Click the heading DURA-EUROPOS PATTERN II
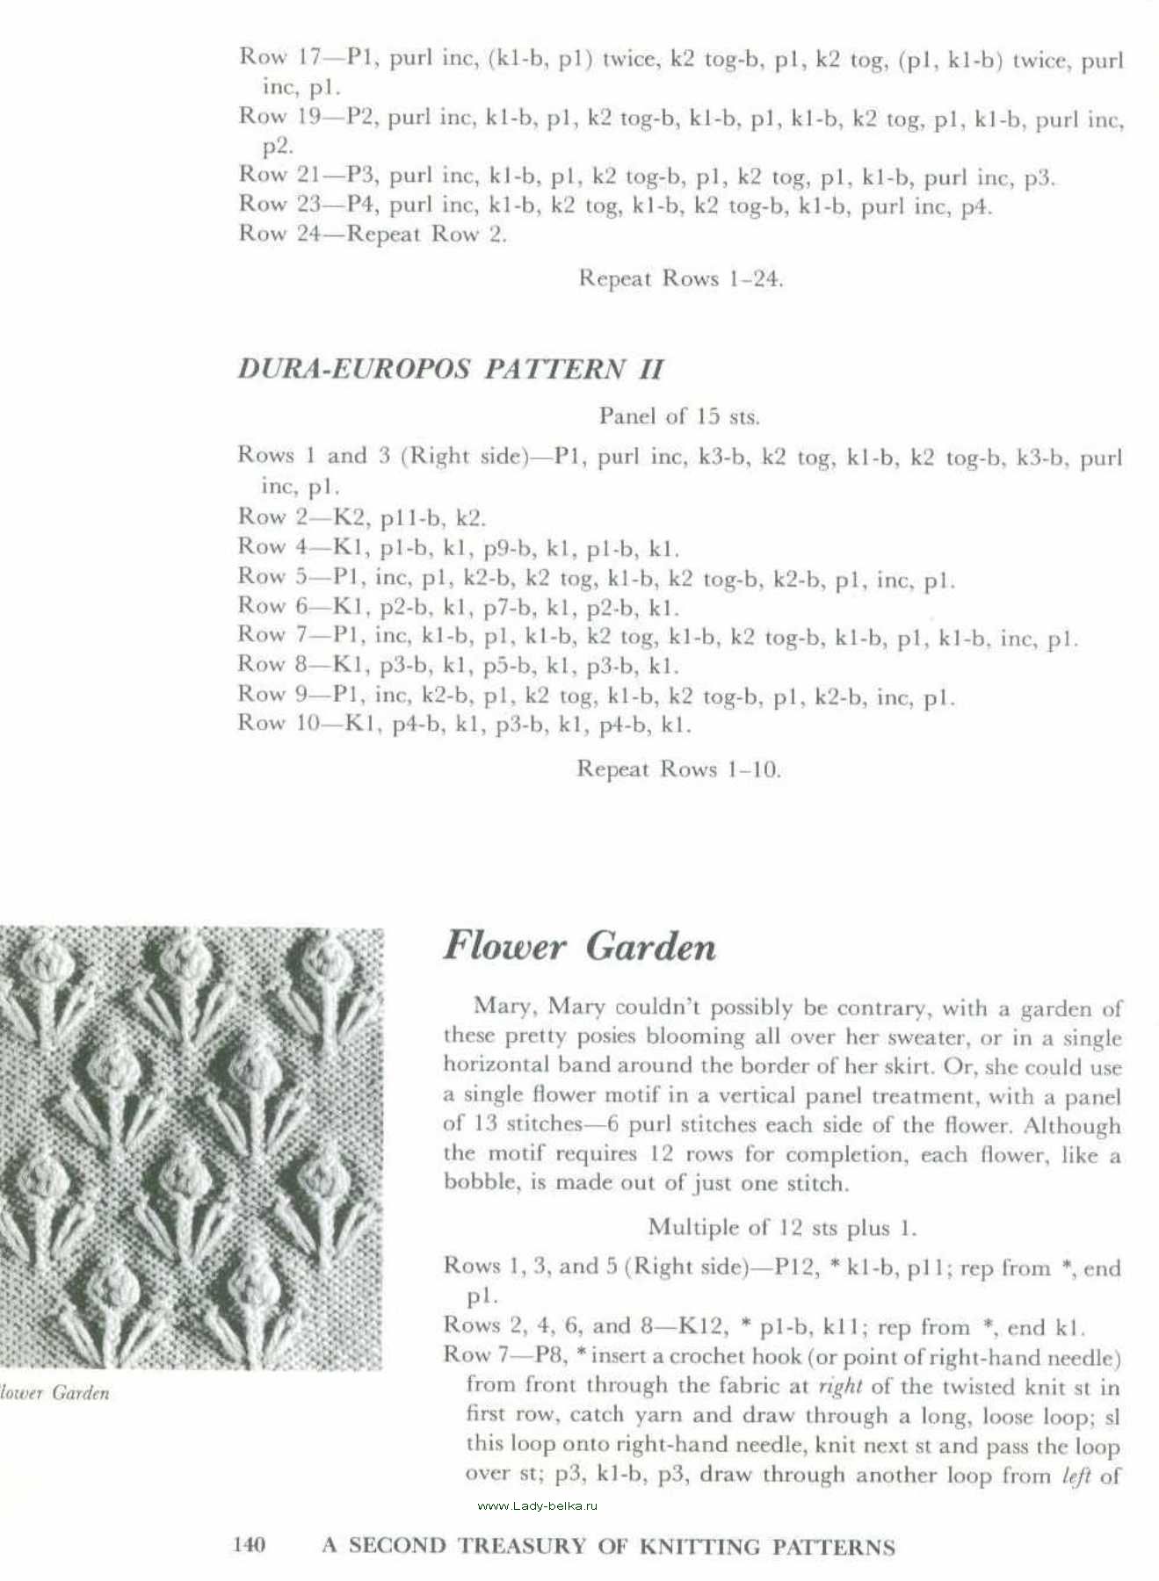450,369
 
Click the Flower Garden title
579,947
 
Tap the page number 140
250,1544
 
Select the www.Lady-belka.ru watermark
537,1505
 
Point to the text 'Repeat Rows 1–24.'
680,279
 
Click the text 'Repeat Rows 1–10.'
678,769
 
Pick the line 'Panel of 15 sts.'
679,415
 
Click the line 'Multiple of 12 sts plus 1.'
782,1227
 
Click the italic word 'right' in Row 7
839,1387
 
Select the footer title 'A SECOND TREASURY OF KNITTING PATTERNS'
608,1546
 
